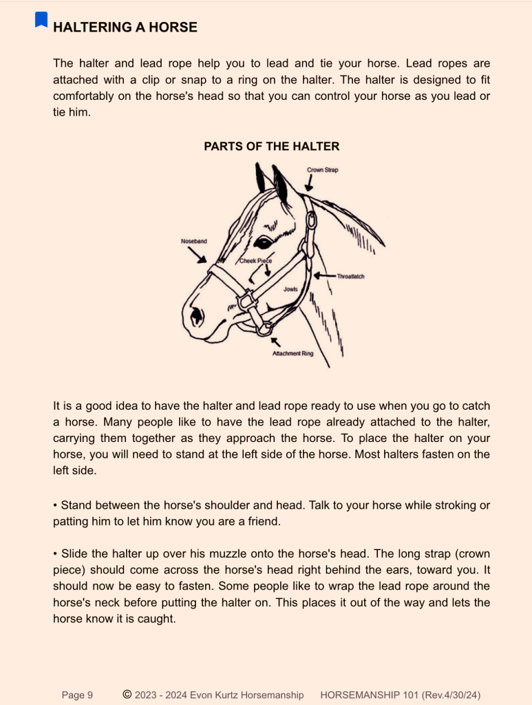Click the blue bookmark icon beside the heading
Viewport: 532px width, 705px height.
coord(41,20)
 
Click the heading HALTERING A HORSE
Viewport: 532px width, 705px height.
coord(125,28)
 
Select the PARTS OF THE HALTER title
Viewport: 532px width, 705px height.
coord(272,146)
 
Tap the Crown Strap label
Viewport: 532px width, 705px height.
coord(323,169)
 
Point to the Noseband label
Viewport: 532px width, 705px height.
coord(193,242)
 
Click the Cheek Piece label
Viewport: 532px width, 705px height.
coord(255,261)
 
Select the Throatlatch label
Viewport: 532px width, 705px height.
coord(350,276)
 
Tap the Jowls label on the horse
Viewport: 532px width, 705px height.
coord(290,289)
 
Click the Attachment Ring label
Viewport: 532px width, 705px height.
coord(292,353)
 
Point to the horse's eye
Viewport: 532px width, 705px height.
coord(263,242)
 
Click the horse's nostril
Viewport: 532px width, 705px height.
coord(198,315)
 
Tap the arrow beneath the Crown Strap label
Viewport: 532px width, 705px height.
coord(310,183)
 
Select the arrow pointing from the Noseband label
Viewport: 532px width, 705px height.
coord(199,255)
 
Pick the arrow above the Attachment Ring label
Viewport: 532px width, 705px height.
coord(276,341)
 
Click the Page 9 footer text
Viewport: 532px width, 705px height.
coord(77,695)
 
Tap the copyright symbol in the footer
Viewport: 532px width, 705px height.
coord(127,695)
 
